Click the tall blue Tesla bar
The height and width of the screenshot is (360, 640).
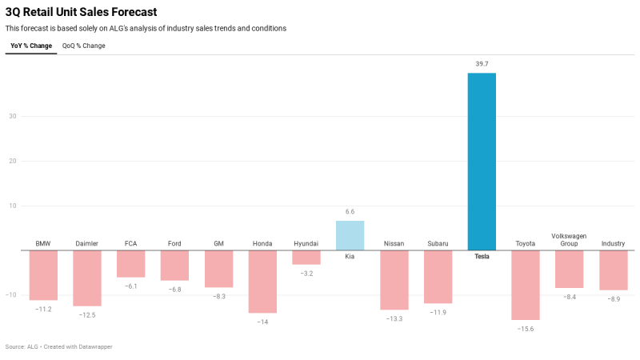tap(482, 162)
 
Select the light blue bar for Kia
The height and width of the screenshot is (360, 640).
tap(350, 235)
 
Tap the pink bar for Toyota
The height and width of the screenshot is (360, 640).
tap(525, 285)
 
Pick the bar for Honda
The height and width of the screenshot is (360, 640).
tap(262, 281)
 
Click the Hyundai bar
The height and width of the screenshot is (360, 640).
tap(306, 257)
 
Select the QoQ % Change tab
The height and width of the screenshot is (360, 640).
tap(84, 46)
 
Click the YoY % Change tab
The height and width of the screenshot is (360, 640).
tap(31, 46)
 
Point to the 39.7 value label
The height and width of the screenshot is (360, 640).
tap(482, 63)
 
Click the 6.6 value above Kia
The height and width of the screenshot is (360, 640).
tap(350, 212)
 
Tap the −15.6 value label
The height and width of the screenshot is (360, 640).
tap(525, 329)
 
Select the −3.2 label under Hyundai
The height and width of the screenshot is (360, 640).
tap(306, 274)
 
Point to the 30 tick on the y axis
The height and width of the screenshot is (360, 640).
tap(13, 116)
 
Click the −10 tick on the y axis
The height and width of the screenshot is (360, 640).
tap(11, 294)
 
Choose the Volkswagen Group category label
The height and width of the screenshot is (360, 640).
tap(569, 239)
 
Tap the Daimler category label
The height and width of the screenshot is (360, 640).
tap(87, 243)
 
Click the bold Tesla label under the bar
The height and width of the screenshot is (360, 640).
tap(482, 257)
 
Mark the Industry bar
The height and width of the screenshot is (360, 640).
tap(613, 270)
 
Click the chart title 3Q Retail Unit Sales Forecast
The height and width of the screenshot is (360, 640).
tap(81, 12)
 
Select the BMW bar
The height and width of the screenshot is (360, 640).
tap(43, 275)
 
